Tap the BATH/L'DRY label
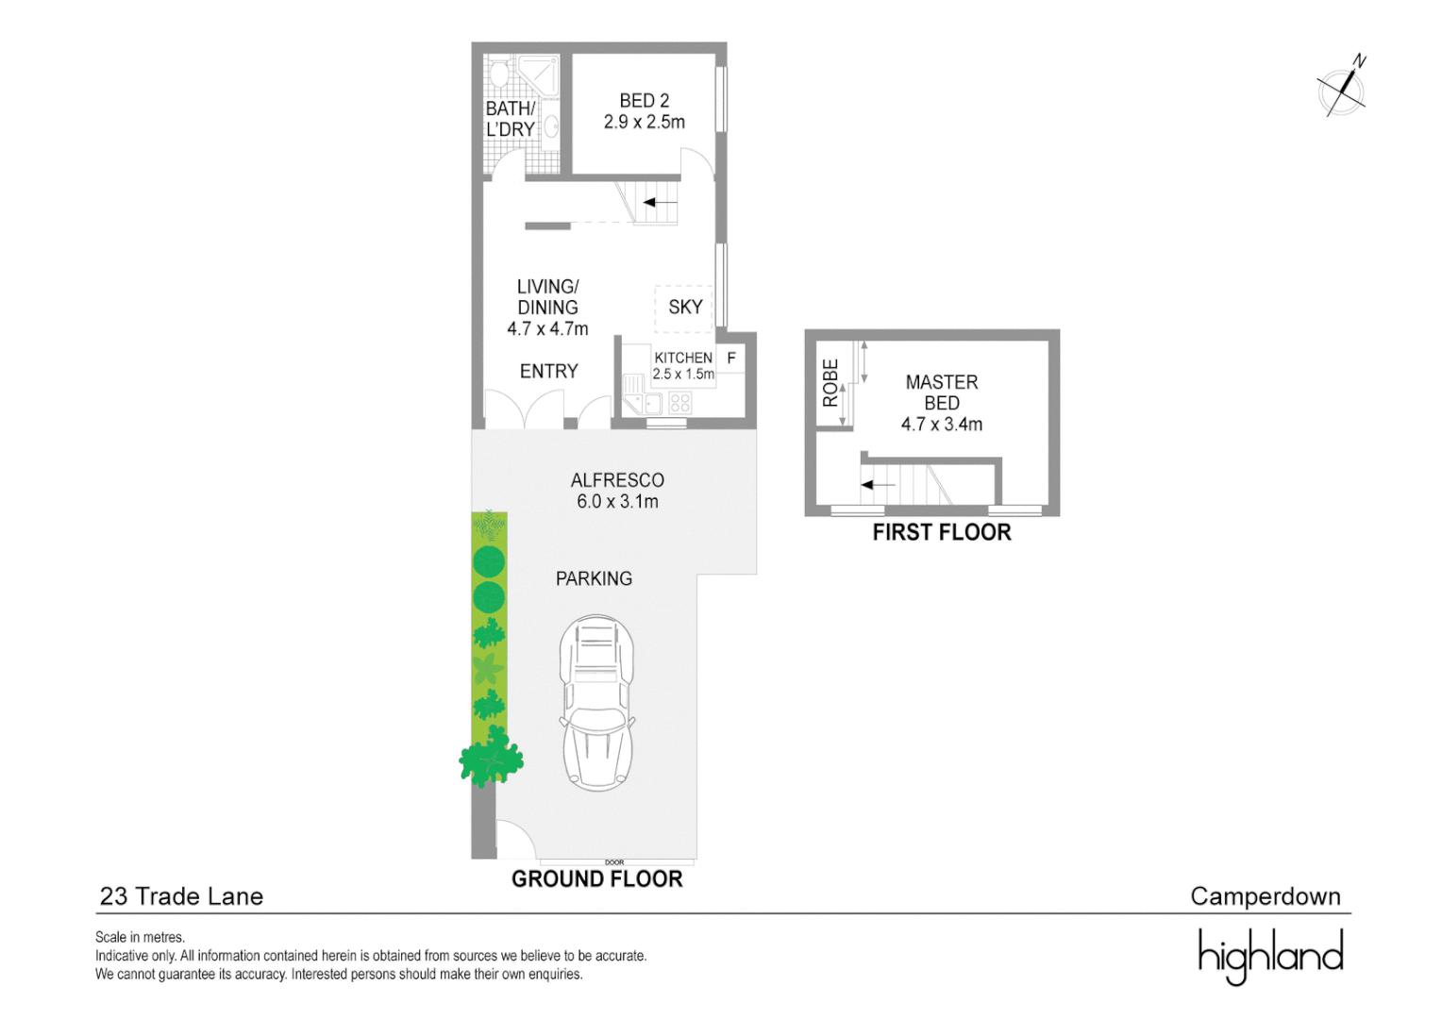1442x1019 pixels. pos(510,120)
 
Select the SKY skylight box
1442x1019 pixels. pos(684,308)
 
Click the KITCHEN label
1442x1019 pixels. pos(682,358)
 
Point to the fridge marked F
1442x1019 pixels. pos(731,359)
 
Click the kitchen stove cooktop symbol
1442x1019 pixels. pos(680,404)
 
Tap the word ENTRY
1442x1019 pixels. pos(548,372)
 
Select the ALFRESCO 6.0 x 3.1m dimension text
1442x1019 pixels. pos(617,501)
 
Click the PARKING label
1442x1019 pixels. pos(594,578)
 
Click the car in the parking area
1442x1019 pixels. pos(596,702)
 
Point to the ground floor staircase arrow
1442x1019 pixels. pos(660,202)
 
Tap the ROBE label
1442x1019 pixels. pos(830,382)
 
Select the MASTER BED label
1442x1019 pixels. pos(941,393)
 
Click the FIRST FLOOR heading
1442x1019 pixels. pos(941,533)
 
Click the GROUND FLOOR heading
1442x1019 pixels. pos(596,879)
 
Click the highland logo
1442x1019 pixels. pos(1269,955)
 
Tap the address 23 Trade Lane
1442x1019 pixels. pos(181,896)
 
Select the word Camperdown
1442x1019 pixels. pos(1265,896)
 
